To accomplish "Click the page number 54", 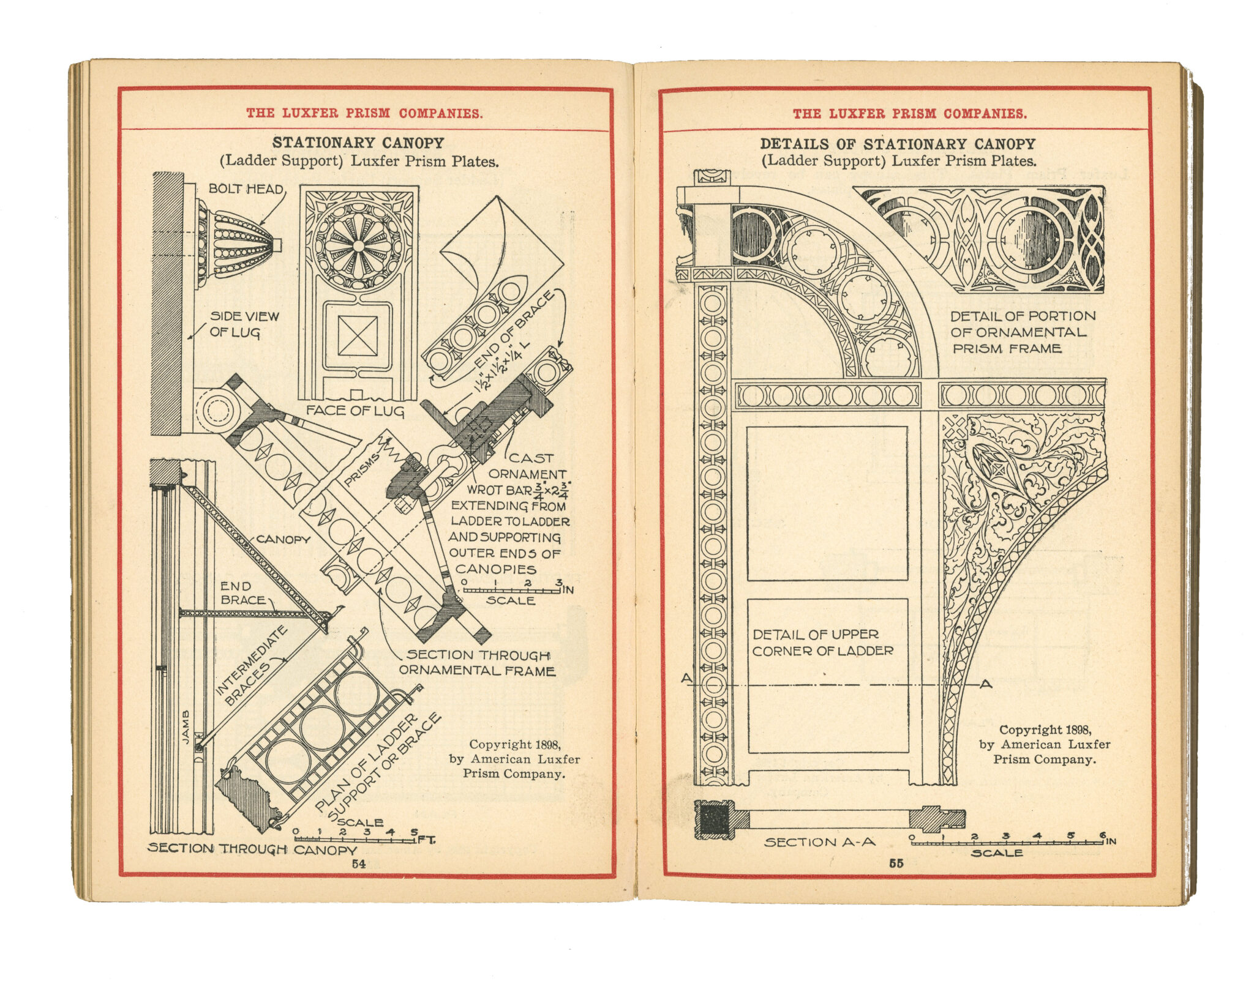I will (358, 864).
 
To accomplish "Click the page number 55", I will (896, 863).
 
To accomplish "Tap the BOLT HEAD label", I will (246, 188).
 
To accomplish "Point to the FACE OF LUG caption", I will (355, 410).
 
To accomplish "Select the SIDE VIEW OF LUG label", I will (244, 324).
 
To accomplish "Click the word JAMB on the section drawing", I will (186, 727).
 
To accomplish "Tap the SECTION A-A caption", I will (819, 842).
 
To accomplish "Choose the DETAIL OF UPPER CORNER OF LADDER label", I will (822, 643).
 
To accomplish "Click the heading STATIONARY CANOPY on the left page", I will (358, 143).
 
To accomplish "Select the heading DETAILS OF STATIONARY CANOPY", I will (898, 144).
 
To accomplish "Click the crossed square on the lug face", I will (358, 335).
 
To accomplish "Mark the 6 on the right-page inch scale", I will (1103, 835).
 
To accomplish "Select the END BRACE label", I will (242, 593).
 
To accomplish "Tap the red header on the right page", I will (909, 113).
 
